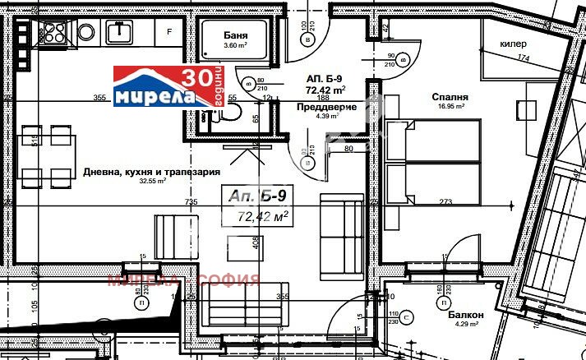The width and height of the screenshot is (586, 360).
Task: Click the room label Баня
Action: [237, 35]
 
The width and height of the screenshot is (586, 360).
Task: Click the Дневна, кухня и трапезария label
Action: [151, 172]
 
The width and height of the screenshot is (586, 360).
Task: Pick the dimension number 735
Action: [191, 201]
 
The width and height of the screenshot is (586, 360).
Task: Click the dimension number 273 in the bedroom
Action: [446, 201]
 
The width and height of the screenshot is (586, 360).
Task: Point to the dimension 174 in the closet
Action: [523, 58]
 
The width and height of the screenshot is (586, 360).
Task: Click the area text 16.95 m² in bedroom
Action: [450, 106]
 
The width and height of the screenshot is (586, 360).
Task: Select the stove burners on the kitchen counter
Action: [54, 32]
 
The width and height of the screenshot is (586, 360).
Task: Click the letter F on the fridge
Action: [169, 32]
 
